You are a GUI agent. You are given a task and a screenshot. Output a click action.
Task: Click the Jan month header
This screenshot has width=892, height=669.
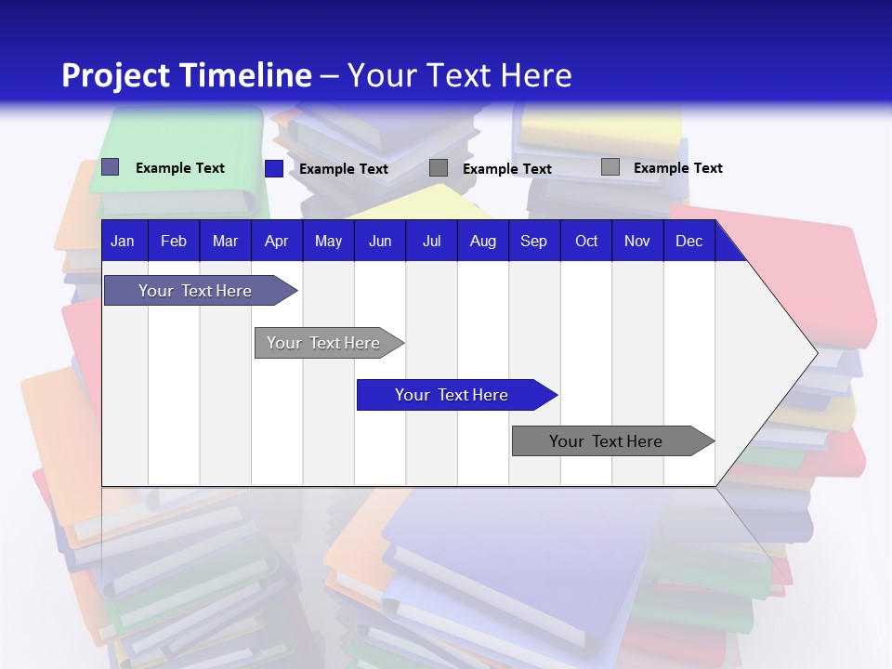click(x=124, y=241)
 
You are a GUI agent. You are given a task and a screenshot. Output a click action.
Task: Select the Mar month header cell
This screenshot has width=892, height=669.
click(x=225, y=241)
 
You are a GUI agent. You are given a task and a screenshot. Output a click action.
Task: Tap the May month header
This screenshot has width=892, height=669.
click(x=328, y=241)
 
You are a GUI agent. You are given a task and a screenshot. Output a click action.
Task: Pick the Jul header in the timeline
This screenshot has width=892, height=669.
click(x=431, y=241)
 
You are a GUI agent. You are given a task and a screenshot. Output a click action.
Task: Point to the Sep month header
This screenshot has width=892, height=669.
click(x=533, y=241)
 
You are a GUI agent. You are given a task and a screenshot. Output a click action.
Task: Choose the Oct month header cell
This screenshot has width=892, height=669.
click(x=586, y=241)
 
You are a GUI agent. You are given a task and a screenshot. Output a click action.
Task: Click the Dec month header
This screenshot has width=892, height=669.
click(x=689, y=241)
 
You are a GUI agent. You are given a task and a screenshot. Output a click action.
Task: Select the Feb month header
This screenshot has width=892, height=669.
click(x=174, y=241)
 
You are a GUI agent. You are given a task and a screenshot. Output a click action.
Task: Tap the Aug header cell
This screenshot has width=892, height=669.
click(x=482, y=241)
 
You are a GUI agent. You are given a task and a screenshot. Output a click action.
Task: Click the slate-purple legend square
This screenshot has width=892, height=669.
click(x=111, y=167)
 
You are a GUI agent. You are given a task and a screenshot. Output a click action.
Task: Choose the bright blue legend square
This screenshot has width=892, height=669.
click(x=274, y=168)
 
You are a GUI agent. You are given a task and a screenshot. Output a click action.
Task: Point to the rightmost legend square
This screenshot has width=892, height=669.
click(x=610, y=167)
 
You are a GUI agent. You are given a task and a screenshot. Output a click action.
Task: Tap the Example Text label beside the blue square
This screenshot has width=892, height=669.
click(x=343, y=169)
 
